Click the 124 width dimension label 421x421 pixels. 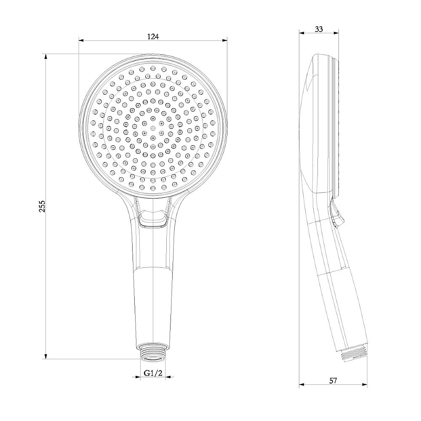tap(153, 37)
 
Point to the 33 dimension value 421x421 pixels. tap(319, 29)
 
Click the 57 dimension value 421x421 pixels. tap(333, 381)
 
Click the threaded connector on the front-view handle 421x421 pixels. tap(153, 352)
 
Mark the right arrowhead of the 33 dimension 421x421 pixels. tap(336, 33)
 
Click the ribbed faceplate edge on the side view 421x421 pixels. tap(336, 126)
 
